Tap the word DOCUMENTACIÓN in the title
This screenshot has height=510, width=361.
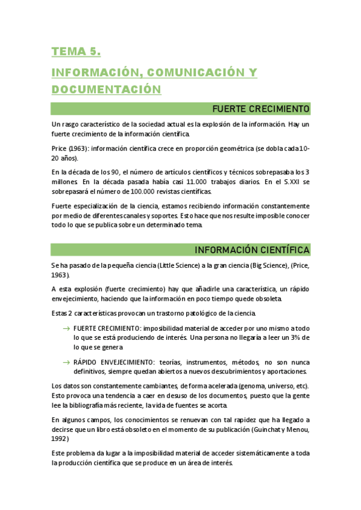tap(107, 90)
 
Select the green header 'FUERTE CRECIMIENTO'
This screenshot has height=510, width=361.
tap(261, 108)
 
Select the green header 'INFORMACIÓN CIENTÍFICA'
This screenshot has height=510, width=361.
tap(252, 250)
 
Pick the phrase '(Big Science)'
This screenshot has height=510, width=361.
tap(257, 265)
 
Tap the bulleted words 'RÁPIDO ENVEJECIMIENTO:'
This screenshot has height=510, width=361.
tap(113, 362)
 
